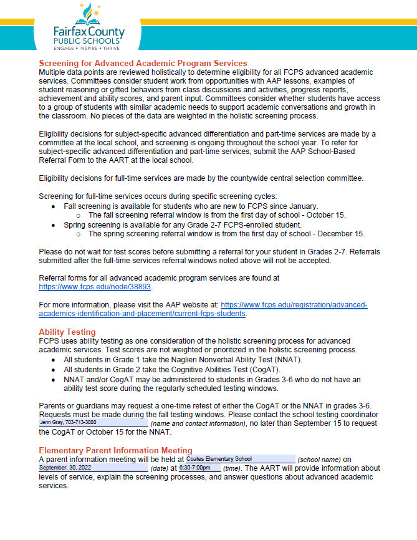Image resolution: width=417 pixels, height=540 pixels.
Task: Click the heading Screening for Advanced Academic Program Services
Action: pyautogui.click(x=143, y=63)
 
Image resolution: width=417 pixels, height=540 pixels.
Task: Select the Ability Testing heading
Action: pyautogui.click(x=67, y=332)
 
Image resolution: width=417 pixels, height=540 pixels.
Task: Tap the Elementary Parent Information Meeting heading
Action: pyautogui.click(x=115, y=450)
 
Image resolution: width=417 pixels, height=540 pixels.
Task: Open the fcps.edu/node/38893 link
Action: pyautogui.click(x=95, y=287)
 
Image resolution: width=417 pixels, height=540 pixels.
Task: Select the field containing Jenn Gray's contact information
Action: pyautogui.click(x=93, y=423)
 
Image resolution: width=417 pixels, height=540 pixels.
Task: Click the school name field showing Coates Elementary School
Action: pyautogui.click(x=240, y=459)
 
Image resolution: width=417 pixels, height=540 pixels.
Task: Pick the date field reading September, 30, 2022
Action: pyautogui.click(x=93, y=468)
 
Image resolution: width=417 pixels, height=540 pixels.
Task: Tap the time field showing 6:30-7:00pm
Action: pyautogui.click(x=199, y=468)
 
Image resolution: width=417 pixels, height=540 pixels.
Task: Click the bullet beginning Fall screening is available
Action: pyautogui.click(x=191, y=206)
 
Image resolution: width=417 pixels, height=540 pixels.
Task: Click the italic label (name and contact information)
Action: pyautogui.click(x=198, y=423)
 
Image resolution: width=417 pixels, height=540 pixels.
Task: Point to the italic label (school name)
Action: pyautogui.click(x=319, y=459)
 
